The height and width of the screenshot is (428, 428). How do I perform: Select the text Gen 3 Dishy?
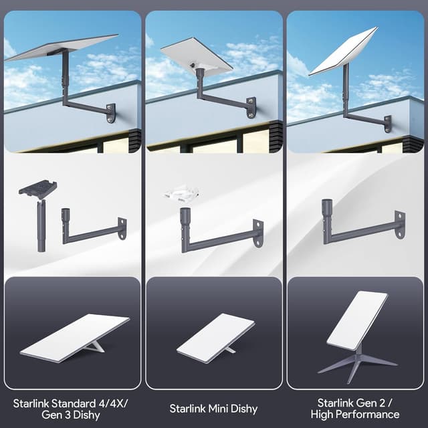(72, 415)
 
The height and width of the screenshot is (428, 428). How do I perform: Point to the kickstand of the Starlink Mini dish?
(229, 349)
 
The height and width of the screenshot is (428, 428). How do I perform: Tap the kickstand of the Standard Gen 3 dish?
(96, 346)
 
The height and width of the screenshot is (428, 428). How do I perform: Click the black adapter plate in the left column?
(37, 189)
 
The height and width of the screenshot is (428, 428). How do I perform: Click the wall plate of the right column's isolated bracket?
(399, 225)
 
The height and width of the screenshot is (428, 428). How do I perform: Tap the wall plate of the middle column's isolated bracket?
(257, 233)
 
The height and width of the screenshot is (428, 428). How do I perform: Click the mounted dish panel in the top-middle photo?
(196, 53)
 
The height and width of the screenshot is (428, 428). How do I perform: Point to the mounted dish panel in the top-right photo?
(344, 51)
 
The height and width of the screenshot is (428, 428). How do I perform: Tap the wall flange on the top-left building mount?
(111, 112)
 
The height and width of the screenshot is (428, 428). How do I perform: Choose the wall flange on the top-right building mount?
(388, 124)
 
